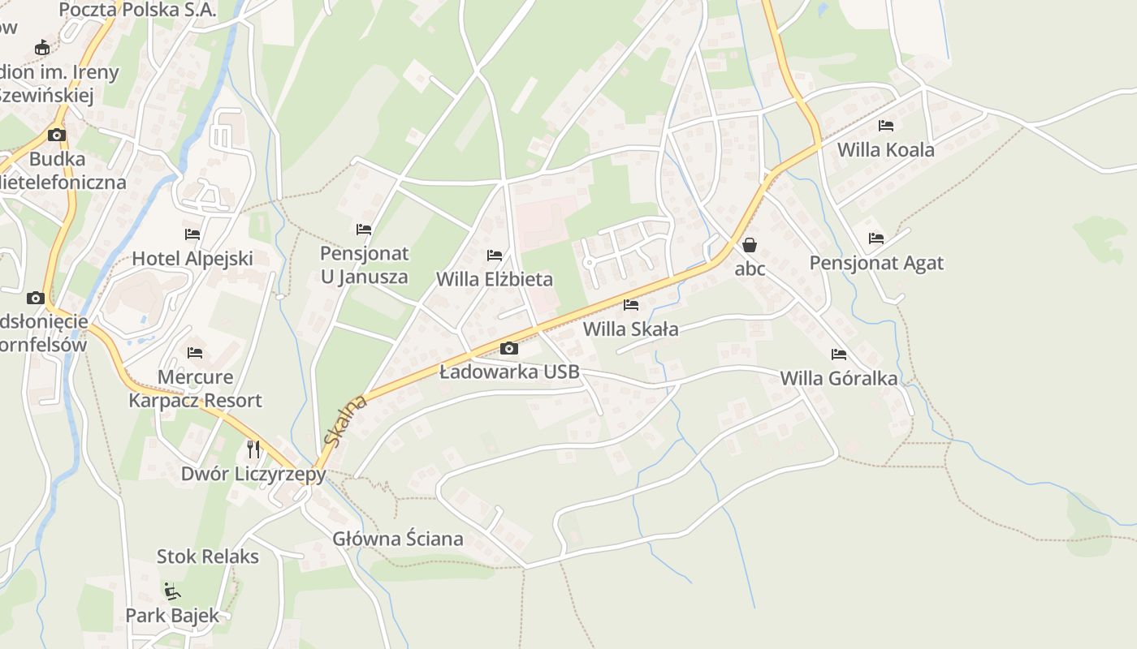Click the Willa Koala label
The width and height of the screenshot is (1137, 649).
coord(885,150)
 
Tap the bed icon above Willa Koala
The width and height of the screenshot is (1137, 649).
coord(886,126)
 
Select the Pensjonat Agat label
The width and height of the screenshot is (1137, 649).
coord(876,263)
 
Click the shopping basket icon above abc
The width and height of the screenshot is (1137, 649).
coord(750,244)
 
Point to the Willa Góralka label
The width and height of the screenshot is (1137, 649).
coord(839,379)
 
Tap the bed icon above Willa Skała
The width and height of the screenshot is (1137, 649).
coord(630,305)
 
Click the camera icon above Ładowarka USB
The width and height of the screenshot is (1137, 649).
coord(509,349)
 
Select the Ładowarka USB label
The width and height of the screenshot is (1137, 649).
coord(509,372)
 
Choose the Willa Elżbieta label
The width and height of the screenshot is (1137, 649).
coord(494,280)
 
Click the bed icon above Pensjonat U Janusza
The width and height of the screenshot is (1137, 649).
coord(364,230)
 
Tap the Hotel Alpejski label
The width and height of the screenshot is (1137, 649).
coord(192,259)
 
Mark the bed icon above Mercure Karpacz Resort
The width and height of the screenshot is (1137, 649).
coord(195,353)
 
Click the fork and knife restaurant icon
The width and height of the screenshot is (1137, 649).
coord(253,449)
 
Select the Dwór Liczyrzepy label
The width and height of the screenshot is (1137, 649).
coord(253,474)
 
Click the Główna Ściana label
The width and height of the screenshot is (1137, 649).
coord(398,539)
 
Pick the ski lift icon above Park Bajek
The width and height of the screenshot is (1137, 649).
coord(171,591)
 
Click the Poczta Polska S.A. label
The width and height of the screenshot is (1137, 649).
coord(137,10)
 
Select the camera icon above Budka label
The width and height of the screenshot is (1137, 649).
coord(57,135)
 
